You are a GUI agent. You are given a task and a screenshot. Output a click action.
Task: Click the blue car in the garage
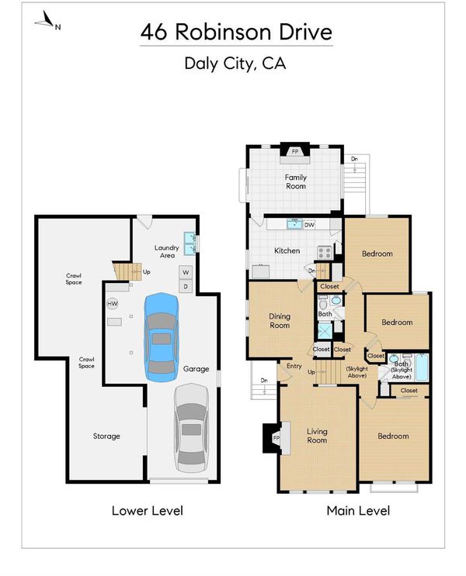tap(162, 337)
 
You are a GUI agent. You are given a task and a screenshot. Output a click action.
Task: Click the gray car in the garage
tap(191, 428)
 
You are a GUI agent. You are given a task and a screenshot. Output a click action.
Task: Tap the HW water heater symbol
tap(113, 304)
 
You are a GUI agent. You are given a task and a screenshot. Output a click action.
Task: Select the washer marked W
tap(186, 272)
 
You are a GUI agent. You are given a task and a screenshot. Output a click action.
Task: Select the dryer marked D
tap(186, 286)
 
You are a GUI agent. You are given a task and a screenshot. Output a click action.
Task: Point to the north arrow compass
tap(46, 21)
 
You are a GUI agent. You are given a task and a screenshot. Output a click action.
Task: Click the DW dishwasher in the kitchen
tap(310, 225)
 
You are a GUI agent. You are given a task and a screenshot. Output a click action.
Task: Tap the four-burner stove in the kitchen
tap(325, 253)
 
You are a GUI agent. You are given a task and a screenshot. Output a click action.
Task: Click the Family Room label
tap(296, 181)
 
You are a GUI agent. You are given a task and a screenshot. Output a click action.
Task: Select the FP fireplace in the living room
tap(276, 438)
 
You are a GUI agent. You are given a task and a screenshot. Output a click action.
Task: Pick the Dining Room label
tap(280, 321)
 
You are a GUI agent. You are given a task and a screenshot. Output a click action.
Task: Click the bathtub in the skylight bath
tap(422, 367)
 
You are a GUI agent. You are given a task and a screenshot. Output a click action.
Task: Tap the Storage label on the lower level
tap(106, 436)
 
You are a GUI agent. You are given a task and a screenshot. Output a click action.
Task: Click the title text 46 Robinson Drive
tap(236, 32)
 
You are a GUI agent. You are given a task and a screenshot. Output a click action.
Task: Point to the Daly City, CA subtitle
tap(235, 64)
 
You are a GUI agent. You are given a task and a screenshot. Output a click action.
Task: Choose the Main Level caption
tap(358, 511)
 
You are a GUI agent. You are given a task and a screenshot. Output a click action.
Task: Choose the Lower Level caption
tap(148, 511)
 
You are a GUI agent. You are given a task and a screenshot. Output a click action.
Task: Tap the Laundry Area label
tap(167, 251)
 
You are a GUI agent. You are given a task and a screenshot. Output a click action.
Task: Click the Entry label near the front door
tap(294, 366)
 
